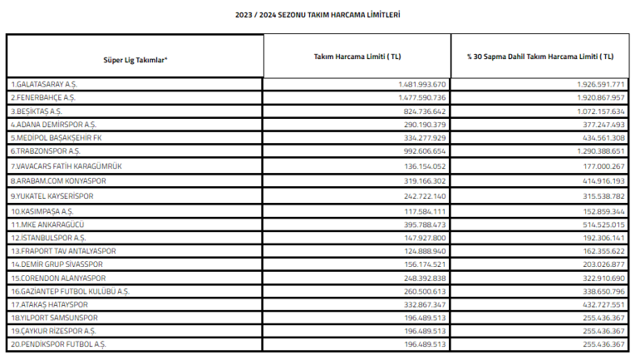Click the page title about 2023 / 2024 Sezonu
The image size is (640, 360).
[x=318, y=15]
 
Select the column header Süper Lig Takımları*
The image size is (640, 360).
[x=135, y=60]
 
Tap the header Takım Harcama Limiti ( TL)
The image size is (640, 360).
[x=357, y=56]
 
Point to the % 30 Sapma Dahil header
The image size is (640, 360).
[x=541, y=56]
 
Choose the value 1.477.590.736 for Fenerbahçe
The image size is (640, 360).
[x=422, y=97]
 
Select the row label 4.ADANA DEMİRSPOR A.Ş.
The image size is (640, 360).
[x=53, y=123]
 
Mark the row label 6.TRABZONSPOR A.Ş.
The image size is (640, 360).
[x=46, y=150]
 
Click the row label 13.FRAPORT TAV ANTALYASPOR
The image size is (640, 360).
[x=63, y=250]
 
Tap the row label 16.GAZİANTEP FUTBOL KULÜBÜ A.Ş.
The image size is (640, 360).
[x=71, y=292]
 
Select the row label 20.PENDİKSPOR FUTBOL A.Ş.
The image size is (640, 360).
[x=58, y=343]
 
